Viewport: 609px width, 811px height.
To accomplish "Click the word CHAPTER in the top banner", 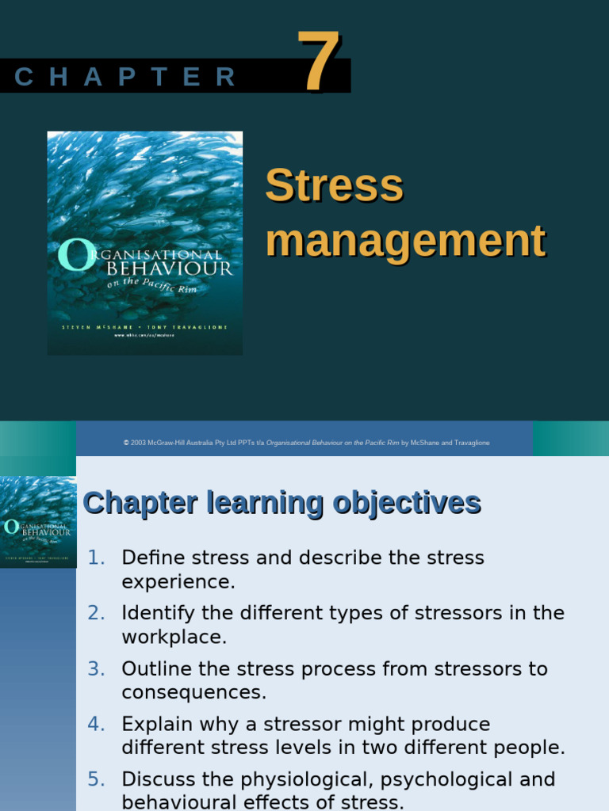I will [x=125, y=78].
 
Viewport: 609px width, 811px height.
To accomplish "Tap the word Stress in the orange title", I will [x=334, y=185].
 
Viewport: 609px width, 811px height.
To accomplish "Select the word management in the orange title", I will [x=405, y=240].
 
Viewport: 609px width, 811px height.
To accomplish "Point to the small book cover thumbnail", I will [x=38, y=521].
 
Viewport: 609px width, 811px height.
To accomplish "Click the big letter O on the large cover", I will [x=71, y=256].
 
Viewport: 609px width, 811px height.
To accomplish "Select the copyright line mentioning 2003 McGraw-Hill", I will [x=306, y=443].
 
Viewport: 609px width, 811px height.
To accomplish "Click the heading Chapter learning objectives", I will [x=282, y=503].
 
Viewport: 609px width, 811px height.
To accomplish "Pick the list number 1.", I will [x=96, y=558].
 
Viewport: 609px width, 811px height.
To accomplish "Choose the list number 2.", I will [x=96, y=613].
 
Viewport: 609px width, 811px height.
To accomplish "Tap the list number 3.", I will [x=96, y=669].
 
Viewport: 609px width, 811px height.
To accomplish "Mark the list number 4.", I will [x=96, y=725].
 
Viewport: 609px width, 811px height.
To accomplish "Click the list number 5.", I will [x=96, y=779].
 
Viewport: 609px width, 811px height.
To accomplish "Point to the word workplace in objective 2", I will [x=174, y=638].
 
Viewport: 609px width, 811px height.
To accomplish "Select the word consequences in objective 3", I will [x=193, y=693].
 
